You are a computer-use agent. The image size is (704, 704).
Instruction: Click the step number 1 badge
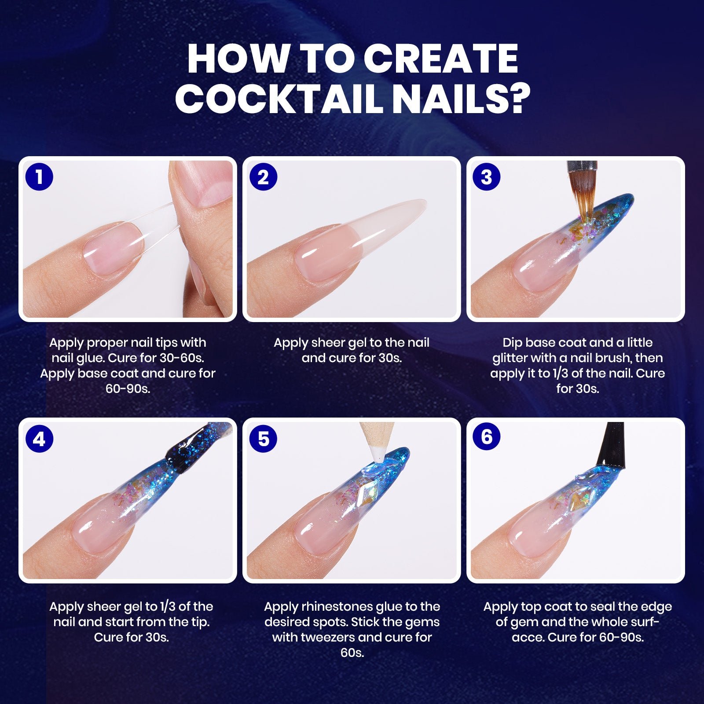(x=39, y=177)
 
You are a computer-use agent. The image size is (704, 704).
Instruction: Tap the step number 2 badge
(x=263, y=177)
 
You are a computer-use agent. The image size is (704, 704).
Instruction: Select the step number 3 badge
(x=486, y=177)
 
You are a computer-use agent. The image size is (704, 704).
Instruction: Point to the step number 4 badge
(x=39, y=439)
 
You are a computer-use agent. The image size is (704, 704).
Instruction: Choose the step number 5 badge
(x=263, y=439)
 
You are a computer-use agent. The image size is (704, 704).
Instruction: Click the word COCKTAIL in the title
(x=279, y=99)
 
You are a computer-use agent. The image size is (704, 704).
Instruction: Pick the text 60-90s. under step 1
(x=128, y=389)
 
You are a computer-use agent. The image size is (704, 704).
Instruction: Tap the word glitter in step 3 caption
(x=512, y=359)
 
